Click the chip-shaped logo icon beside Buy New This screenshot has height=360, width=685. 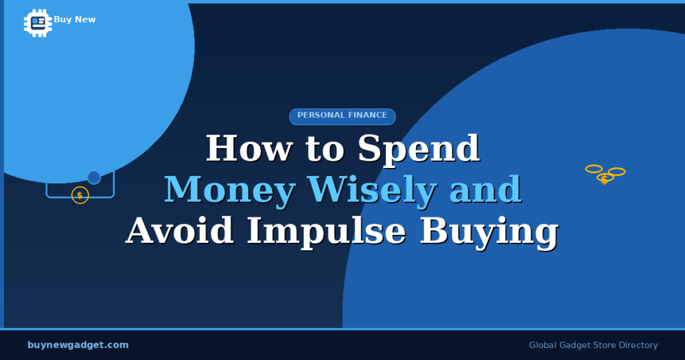click(38, 22)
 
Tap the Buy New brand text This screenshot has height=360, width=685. click(75, 19)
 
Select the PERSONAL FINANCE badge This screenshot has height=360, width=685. click(342, 116)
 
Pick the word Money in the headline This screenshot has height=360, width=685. click(229, 189)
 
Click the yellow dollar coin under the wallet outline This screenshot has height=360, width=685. click(80, 195)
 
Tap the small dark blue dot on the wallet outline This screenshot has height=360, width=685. click(94, 177)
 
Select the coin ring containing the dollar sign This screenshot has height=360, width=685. click(605, 179)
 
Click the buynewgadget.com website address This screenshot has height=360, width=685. click(78, 345)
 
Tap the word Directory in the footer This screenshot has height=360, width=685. click(638, 345)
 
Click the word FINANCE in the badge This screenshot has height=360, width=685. click(367, 116)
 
